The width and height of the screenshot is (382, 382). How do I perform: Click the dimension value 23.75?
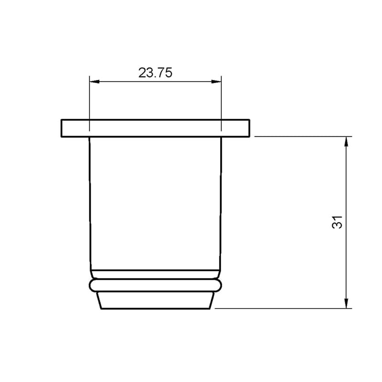click(155, 73)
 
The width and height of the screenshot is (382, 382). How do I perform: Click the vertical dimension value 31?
click(338, 222)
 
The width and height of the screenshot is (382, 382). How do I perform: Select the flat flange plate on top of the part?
click(155, 128)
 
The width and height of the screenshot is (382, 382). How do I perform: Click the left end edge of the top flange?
click(61, 128)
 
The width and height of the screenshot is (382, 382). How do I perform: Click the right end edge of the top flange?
click(250, 128)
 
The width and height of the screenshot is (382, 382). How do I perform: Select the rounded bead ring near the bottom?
click(155, 286)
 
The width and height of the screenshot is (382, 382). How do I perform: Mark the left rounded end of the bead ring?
click(91, 286)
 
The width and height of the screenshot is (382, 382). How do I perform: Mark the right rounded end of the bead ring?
click(220, 286)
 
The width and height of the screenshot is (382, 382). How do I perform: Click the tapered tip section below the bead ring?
click(155, 300)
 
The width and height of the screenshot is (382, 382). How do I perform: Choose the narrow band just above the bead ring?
click(155, 275)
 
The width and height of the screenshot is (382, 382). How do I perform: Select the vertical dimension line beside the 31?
click(347, 191)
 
